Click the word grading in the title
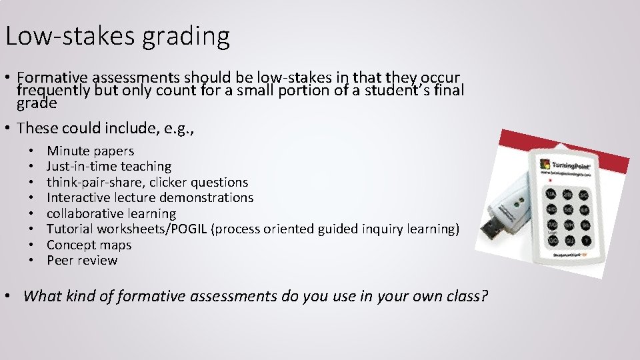coord(185,36)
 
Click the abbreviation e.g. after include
coord(181,127)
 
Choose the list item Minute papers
coord(90,151)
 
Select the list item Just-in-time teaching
coord(109,167)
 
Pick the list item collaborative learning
coord(111,214)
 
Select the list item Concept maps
coord(89,245)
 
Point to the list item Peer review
coord(82,261)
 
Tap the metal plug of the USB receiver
coord(492,231)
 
